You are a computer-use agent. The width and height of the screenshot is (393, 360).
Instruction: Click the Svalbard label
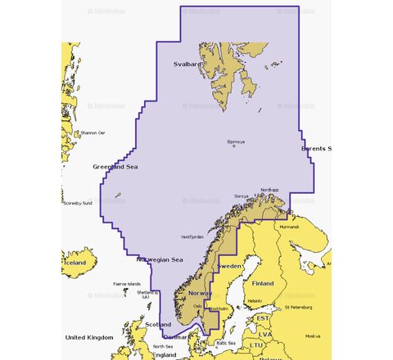(x=187, y=63)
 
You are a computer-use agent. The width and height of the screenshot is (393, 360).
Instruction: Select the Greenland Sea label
(x=115, y=166)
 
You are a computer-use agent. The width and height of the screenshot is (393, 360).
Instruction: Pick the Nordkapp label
(x=269, y=190)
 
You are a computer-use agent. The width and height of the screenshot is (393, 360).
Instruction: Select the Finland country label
(x=263, y=283)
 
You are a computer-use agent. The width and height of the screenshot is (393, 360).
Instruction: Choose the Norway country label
(x=201, y=292)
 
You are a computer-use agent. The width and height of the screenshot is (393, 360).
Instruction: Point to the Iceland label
(x=75, y=263)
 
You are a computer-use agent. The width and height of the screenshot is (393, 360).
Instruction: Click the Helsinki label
(x=254, y=300)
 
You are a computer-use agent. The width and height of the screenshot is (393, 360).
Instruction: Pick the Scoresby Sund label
(x=78, y=203)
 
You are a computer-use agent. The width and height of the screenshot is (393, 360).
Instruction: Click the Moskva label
(x=312, y=335)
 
